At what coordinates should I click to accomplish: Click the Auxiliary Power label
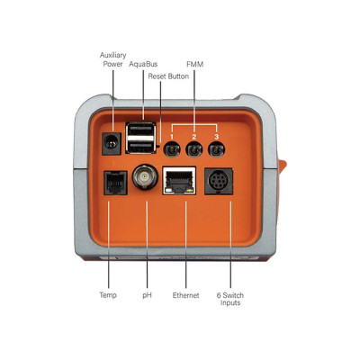click(x=113, y=59)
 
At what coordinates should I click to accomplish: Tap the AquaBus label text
click(x=143, y=64)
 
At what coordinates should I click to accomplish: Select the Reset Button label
click(x=168, y=76)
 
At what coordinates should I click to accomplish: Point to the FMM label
click(x=194, y=64)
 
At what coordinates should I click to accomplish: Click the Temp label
click(x=108, y=295)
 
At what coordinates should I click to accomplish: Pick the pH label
click(x=147, y=295)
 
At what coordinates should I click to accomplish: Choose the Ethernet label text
click(x=185, y=295)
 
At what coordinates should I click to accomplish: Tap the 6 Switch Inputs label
click(x=230, y=299)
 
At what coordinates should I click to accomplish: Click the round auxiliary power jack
click(x=112, y=144)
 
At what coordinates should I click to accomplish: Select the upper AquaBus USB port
click(x=141, y=130)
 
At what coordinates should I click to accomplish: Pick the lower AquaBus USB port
click(x=141, y=146)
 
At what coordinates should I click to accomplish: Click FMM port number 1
click(x=172, y=149)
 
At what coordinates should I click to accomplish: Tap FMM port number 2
click(x=194, y=149)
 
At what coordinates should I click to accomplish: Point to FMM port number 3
click(x=217, y=149)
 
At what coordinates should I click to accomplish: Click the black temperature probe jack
click(x=115, y=183)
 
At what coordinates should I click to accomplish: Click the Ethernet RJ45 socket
click(x=179, y=180)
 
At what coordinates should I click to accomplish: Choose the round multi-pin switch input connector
click(x=219, y=181)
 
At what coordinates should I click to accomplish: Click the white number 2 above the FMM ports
click(x=194, y=137)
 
